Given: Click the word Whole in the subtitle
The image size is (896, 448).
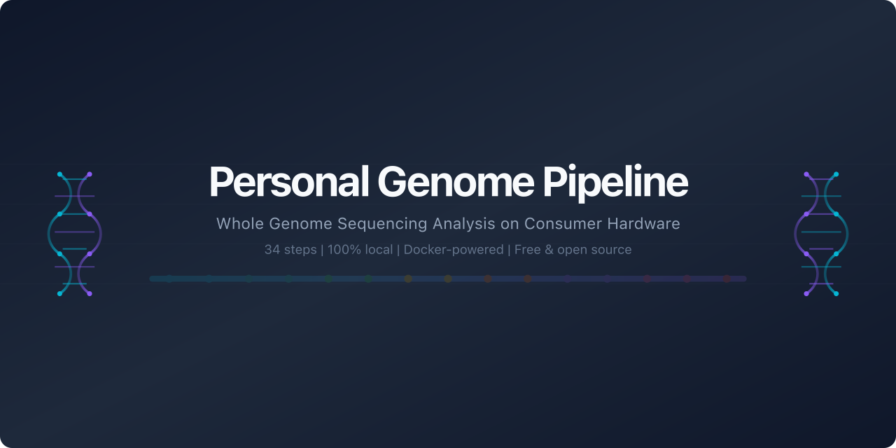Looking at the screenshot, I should pos(236,224).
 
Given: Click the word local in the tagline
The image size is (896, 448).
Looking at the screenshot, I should pos(379,250).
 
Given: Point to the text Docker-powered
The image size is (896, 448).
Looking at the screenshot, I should pos(454,250).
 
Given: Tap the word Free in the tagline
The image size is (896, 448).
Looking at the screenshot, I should pos(528,250).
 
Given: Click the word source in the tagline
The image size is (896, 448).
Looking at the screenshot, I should pos(612,250).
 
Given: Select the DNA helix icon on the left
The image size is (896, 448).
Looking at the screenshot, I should pos(75,234).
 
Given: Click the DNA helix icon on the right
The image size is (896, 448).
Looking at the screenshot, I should pos(821,234).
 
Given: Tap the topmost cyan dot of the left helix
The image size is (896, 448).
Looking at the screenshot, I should pos(60,174).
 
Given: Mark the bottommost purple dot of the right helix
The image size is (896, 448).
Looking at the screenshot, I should pos(806,293).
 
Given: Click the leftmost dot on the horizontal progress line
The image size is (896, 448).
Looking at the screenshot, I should pos(169,279).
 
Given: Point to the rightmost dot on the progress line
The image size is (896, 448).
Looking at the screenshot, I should pos(727,279).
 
